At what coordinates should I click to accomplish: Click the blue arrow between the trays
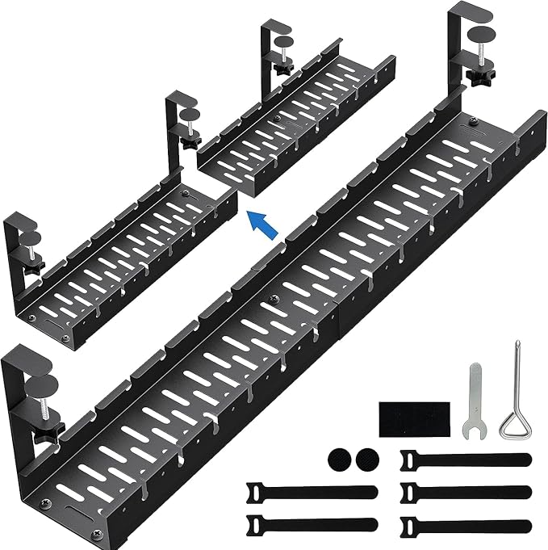click(x=264, y=223)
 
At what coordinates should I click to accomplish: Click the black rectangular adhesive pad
click(x=412, y=417)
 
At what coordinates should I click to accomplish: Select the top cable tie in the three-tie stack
click(x=465, y=460)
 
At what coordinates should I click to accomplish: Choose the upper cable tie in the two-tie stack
click(x=311, y=493)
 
